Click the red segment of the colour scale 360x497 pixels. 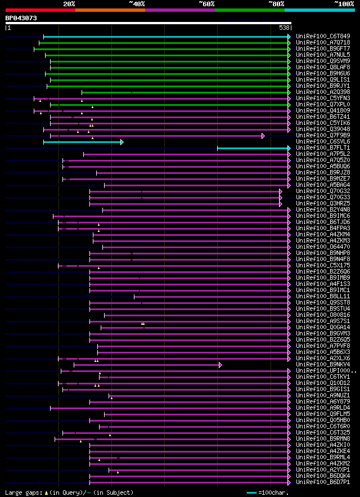point(40,10)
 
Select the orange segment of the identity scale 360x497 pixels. point(110,10)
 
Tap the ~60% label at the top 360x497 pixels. point(206,3)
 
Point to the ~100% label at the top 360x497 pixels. point(344,3)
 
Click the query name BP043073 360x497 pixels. point(21,18)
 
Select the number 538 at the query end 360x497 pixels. point(284,27)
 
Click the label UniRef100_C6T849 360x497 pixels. point(323,37)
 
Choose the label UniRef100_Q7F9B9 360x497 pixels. point(323,136)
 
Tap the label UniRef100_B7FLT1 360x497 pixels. point(323,148)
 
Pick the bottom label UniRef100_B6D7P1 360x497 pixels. point(323,482)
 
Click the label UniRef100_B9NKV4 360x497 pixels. point(323,365)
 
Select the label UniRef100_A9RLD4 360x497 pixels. point(323,408)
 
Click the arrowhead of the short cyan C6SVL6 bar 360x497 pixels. point(121,142)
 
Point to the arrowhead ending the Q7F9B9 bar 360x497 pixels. point(263,136)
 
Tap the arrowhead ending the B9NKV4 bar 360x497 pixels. point(220,365)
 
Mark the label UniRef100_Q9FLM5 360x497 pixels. point(323,414)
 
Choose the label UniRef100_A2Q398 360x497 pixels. point(323,92)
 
